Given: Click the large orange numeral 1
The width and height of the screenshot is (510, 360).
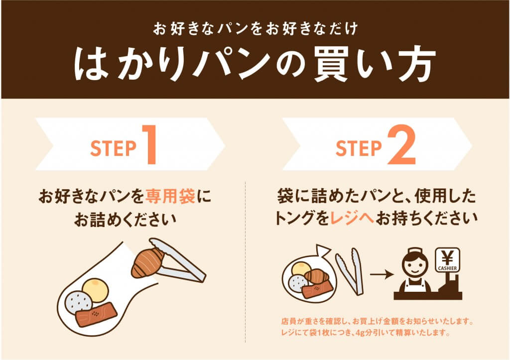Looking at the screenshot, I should pyautogui.click(x=149, y=144).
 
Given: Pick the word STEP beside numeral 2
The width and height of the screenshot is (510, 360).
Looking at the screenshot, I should pyautogui.click(x=359, y=148).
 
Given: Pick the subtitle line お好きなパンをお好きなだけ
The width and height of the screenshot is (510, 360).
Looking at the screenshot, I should pyautogui.click(x=255, y=29).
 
